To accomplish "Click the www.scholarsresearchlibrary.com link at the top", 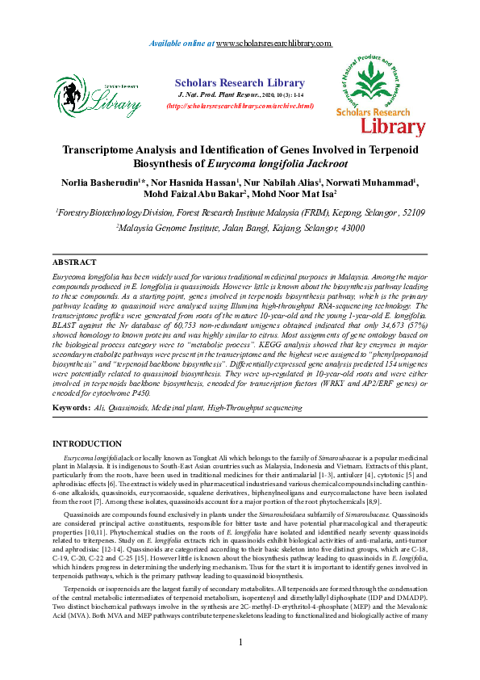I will point(274,42).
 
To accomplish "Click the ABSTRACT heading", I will point(74,263).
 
